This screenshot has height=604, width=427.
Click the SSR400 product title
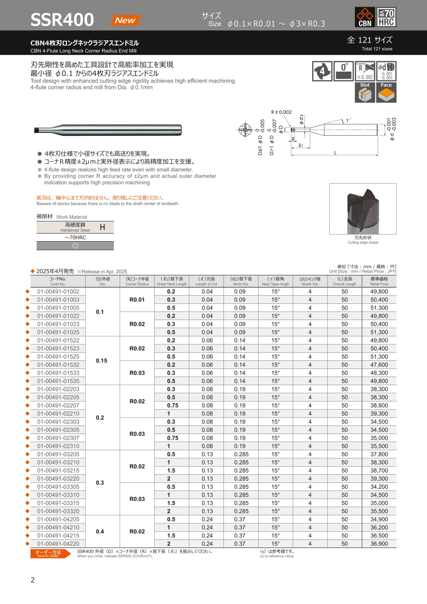click(x=62, y=20)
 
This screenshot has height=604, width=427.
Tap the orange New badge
click(x=125, y=20)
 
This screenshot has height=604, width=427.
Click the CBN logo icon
click(x=365, y=18)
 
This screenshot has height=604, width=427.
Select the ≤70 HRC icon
click(x=386, y=18)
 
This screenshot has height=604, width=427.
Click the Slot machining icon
click(x=365, y=92)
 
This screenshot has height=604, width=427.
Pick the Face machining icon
click(x=386, y=92)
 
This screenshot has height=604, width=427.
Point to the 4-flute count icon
click(x=322, y=71)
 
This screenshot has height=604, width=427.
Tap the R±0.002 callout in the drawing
click(x=281, y=112)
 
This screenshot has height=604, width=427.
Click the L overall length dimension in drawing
click(x=335, y=153)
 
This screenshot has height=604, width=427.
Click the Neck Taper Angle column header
click(x=275, y=281)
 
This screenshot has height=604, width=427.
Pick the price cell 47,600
click(x=379, y=365)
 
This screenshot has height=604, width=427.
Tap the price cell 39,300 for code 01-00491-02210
click(x=379, y=414)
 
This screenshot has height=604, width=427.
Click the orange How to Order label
click(x=49, y=554)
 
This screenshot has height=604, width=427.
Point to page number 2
click(x=32, y=580)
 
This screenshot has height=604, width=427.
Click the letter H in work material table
click(x=102, y=227)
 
